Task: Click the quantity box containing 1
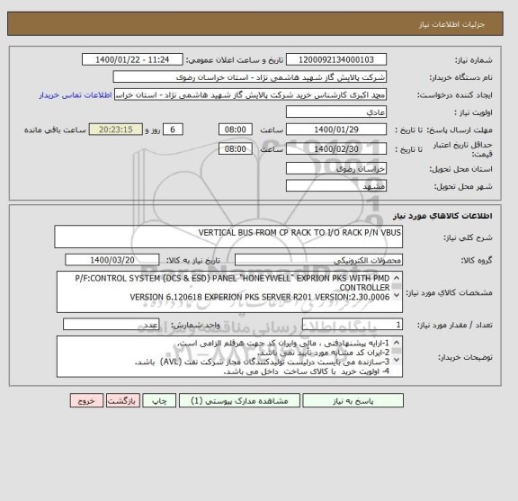354,325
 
